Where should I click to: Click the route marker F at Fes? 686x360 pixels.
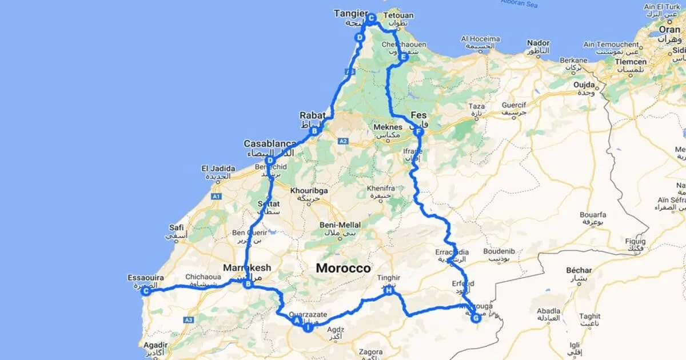(418, 132)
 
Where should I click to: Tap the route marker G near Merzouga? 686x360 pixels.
(476, 318)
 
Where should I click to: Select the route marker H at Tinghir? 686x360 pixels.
(389, 291)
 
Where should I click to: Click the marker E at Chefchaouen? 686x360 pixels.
(403, 57)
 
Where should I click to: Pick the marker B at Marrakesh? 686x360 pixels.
(248, 283)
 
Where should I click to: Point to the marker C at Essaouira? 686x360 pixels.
(146, 291)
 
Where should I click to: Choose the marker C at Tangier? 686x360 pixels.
(371, 18)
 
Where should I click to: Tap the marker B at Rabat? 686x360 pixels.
(314, 131)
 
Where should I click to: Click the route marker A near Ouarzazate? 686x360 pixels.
(297, 321)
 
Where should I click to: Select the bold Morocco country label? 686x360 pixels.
(343, 268)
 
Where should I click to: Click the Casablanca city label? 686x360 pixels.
(270, 143)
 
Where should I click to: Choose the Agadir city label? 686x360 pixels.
(155, 345)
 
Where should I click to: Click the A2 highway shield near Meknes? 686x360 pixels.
(343, 141)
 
